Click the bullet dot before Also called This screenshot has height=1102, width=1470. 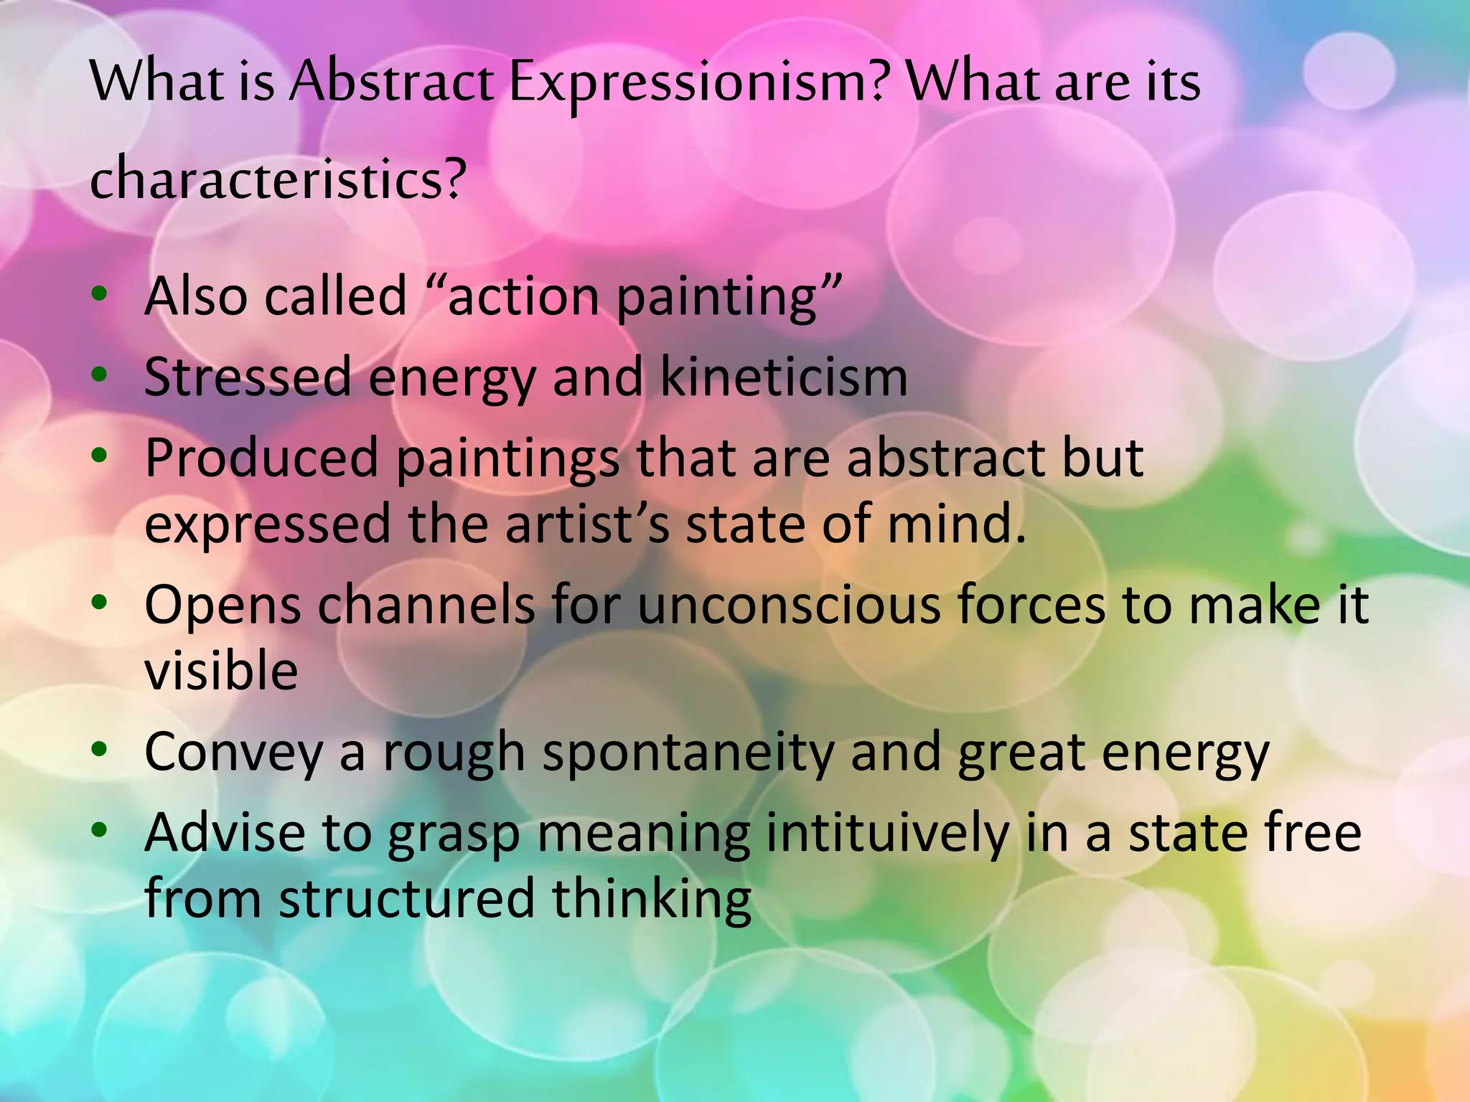100,294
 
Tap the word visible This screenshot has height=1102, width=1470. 221,671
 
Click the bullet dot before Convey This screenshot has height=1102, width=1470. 100,750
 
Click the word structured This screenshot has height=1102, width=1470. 406,898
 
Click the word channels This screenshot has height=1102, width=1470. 426,605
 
